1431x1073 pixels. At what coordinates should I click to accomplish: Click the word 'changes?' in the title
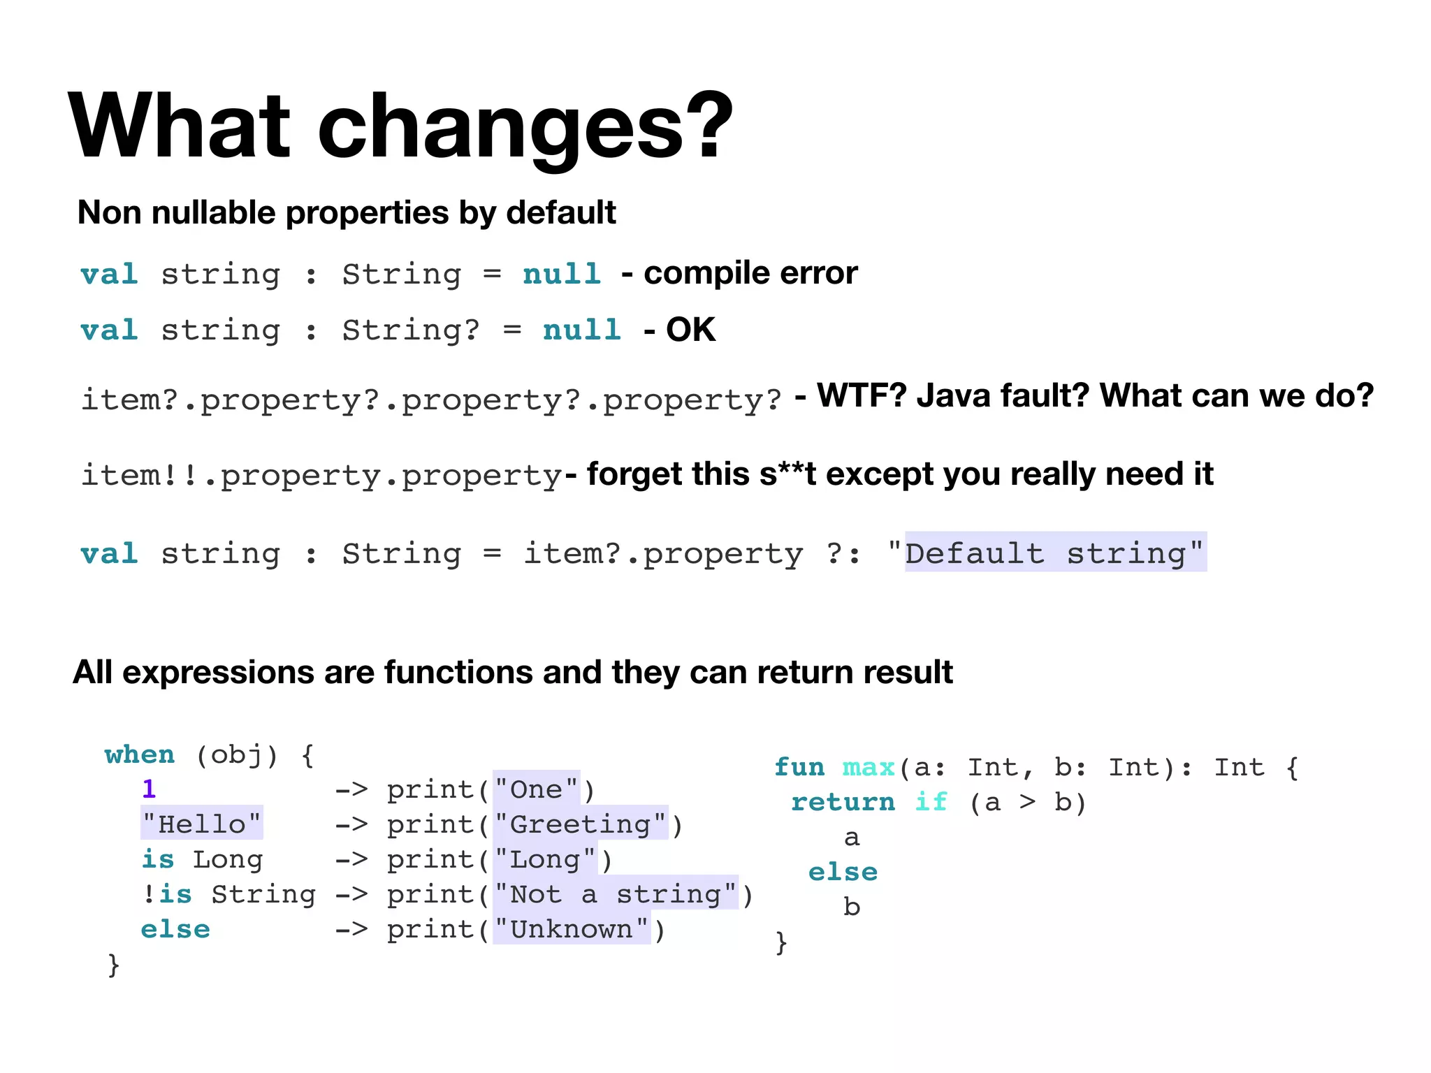[525, 128]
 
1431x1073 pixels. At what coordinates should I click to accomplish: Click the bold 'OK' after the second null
[690, 330]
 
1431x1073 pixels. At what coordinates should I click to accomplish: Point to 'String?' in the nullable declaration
[410, 330]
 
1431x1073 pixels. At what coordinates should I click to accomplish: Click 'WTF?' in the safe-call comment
[862, 395]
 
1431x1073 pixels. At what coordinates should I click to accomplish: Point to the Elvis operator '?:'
[843, 553]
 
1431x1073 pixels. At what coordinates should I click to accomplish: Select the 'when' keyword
[140, 754]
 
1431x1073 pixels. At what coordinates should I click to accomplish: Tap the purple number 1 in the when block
[149, 789]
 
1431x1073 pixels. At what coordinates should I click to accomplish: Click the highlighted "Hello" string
[202, 824]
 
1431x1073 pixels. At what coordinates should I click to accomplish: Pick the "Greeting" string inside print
[580, 824]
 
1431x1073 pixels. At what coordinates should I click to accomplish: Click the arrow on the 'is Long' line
[351, 859]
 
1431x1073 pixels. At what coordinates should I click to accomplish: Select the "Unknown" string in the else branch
[572, 929]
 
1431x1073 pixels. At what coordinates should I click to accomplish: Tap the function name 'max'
[869, 768]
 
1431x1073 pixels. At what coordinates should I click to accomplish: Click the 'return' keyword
[843, 802]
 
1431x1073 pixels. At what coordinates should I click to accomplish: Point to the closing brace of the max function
[781, 942]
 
